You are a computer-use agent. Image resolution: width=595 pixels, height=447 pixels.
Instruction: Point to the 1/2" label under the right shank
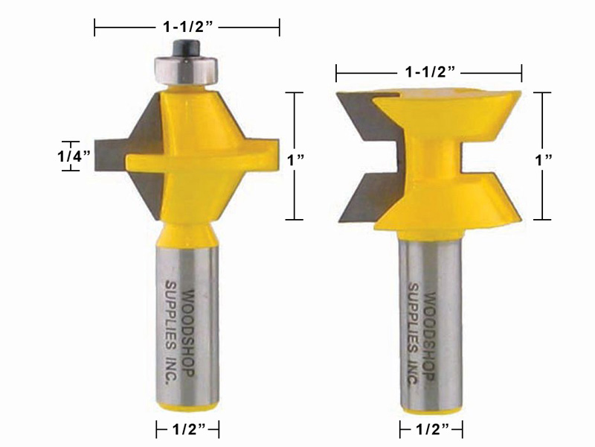[431, 429]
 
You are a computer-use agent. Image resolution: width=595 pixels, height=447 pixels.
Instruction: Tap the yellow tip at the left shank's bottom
[188, 405]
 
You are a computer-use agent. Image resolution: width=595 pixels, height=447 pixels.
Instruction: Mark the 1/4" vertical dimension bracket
[71, 156]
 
